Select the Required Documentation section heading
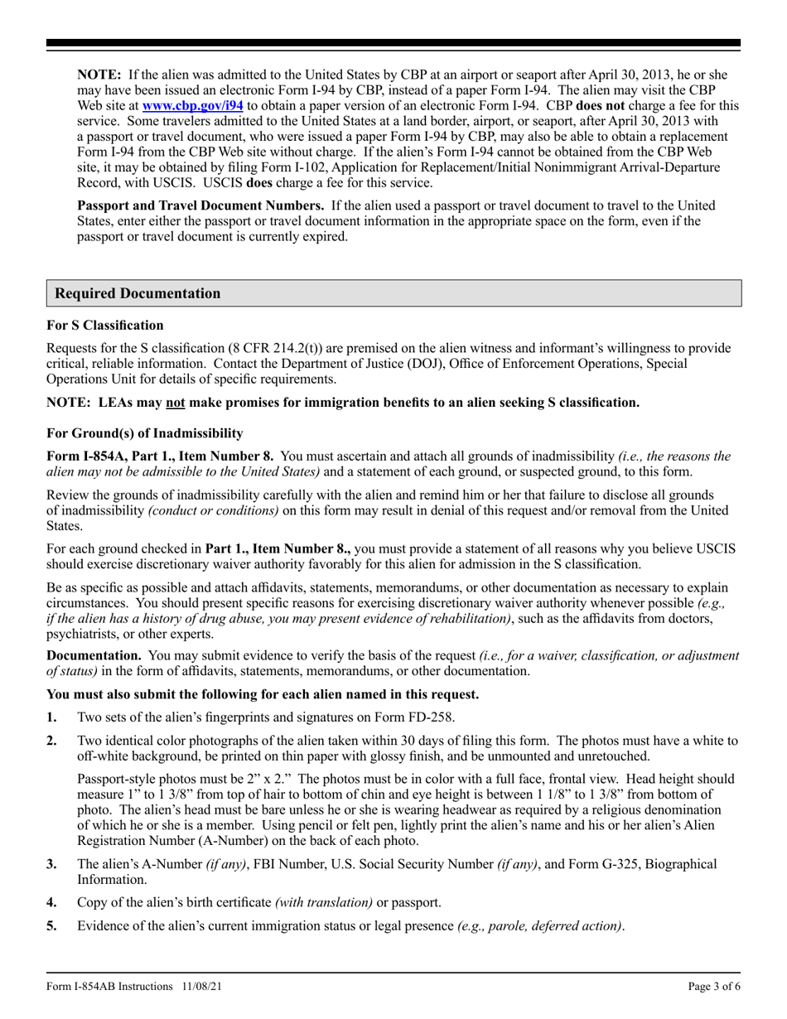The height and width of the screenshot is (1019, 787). pyautogui.click(x=138, y=294)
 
